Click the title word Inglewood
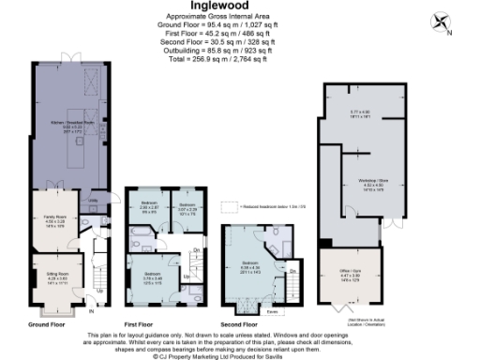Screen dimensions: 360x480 [239, 7]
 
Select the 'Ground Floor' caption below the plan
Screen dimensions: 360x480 [46, 323]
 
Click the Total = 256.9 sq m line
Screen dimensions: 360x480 [239, 59]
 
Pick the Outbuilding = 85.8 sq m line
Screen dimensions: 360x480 [239, 51]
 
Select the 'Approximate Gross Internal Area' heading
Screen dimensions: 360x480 [239, 18]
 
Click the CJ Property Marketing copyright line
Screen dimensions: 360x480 [239, 353]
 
